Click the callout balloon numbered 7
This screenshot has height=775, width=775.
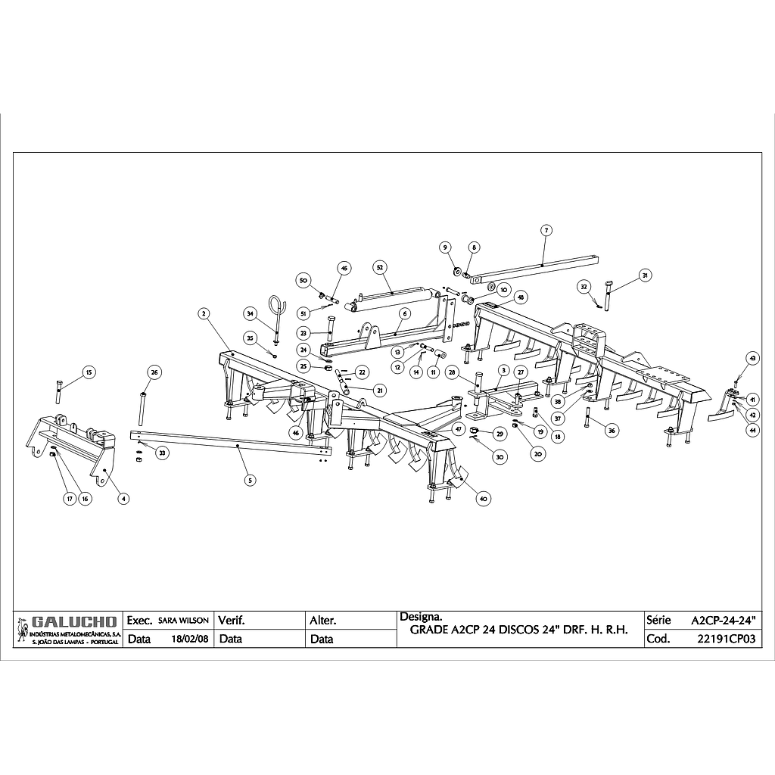(x=545, y=229)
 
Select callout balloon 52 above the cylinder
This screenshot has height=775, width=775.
(x=380, y=267)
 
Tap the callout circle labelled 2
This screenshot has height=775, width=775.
(x=204, y=313)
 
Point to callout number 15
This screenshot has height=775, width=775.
(x=88, y=372)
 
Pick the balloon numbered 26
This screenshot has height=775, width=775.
(x=154, y=372)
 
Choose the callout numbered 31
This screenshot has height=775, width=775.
(x=644, y=275)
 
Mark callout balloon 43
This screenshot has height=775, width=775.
(x=752, y=358)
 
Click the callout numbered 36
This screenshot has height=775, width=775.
(x=612, y=430)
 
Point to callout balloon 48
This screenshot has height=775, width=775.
(x=521, y=297)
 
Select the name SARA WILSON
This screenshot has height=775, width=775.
(x=183, y=620)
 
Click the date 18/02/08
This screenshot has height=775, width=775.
(x=190, y=639)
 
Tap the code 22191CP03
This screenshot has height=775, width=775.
(x=726, y=639)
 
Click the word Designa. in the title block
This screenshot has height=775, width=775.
(x=416, y=616)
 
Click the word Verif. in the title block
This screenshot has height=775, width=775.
(x=232, y=620)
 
